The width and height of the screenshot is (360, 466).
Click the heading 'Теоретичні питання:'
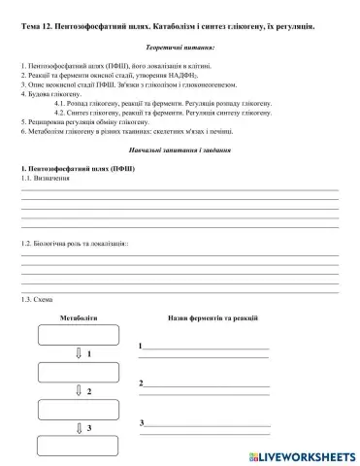180,46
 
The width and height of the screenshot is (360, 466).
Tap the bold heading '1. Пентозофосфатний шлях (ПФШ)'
78,170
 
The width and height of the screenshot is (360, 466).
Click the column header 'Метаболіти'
79,318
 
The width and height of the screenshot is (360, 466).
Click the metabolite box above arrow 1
78,335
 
